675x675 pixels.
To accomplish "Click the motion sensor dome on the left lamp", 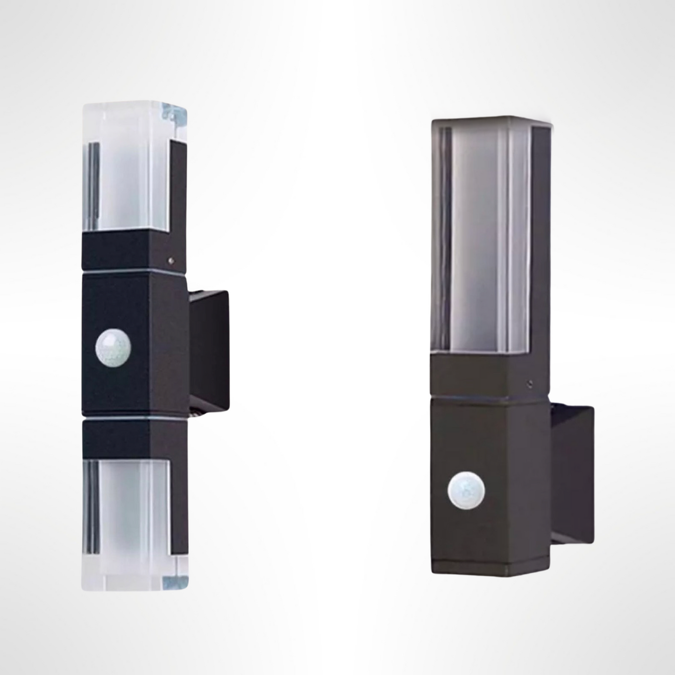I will (x=114, y=347).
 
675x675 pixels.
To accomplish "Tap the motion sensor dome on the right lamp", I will (x=466, y=491).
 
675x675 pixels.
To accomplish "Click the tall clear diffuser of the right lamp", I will (x=481, y=234).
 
